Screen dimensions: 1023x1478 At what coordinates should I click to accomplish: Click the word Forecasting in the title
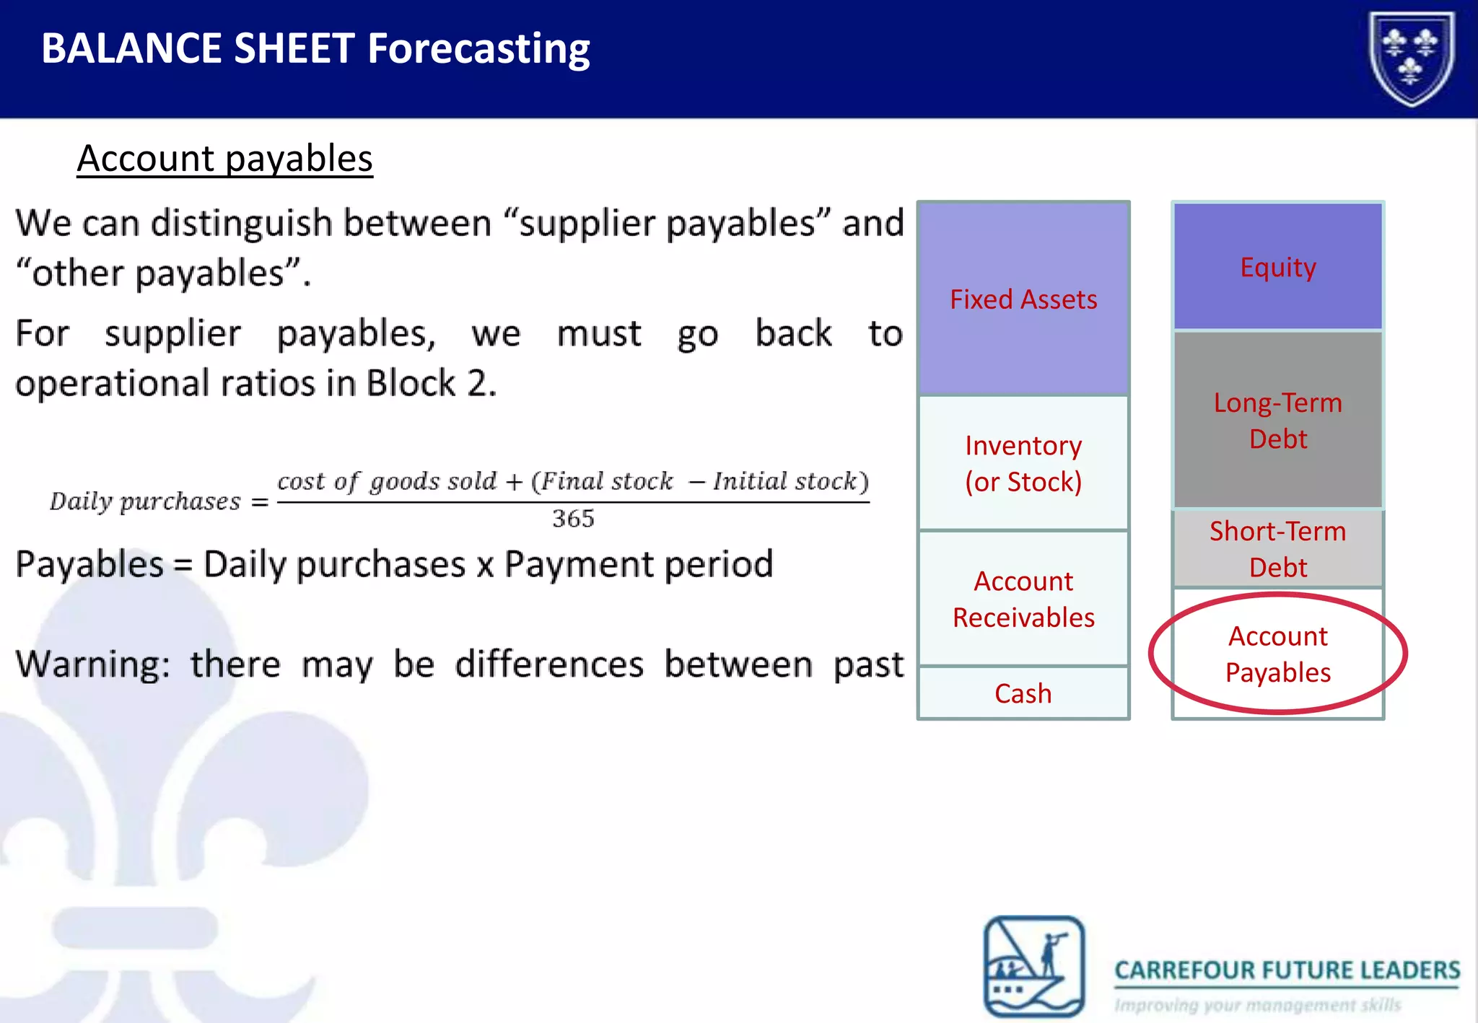(x=478, y=49)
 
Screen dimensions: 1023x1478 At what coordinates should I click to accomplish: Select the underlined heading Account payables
(x=224, y=159)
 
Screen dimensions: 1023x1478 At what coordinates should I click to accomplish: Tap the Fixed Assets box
(x=1023, y=299)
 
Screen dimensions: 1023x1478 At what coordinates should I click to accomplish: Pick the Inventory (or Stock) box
(x=1023, y=463)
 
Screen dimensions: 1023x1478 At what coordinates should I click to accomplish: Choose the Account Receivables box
(x=1023, y=599)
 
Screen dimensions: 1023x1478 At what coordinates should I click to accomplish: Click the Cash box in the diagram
(x=1023, y=693)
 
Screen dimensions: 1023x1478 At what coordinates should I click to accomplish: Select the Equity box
(x=1277, y=267)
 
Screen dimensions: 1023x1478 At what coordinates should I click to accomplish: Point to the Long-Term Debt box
(x=1277, y=420)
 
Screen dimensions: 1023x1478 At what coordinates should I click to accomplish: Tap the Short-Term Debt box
(x=1277, y=549)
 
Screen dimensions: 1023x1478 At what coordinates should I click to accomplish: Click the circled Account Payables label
(x=1277, y=654)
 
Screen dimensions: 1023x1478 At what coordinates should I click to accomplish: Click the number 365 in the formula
(x=573, y=519)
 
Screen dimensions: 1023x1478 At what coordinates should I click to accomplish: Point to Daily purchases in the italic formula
(x=145, y=501)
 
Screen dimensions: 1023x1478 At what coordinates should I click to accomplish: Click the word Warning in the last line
(x=92, y=664)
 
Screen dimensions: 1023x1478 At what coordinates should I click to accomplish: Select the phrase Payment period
(x=639, y=564)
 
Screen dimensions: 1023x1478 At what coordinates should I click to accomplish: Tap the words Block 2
(x=431, y=383)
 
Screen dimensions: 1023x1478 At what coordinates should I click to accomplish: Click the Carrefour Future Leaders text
(x=1287, y=970)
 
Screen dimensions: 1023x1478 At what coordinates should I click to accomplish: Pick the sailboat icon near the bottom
(x=1034, y=966)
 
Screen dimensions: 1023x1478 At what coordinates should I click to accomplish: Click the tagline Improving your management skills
(x=1257, y=1005)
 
